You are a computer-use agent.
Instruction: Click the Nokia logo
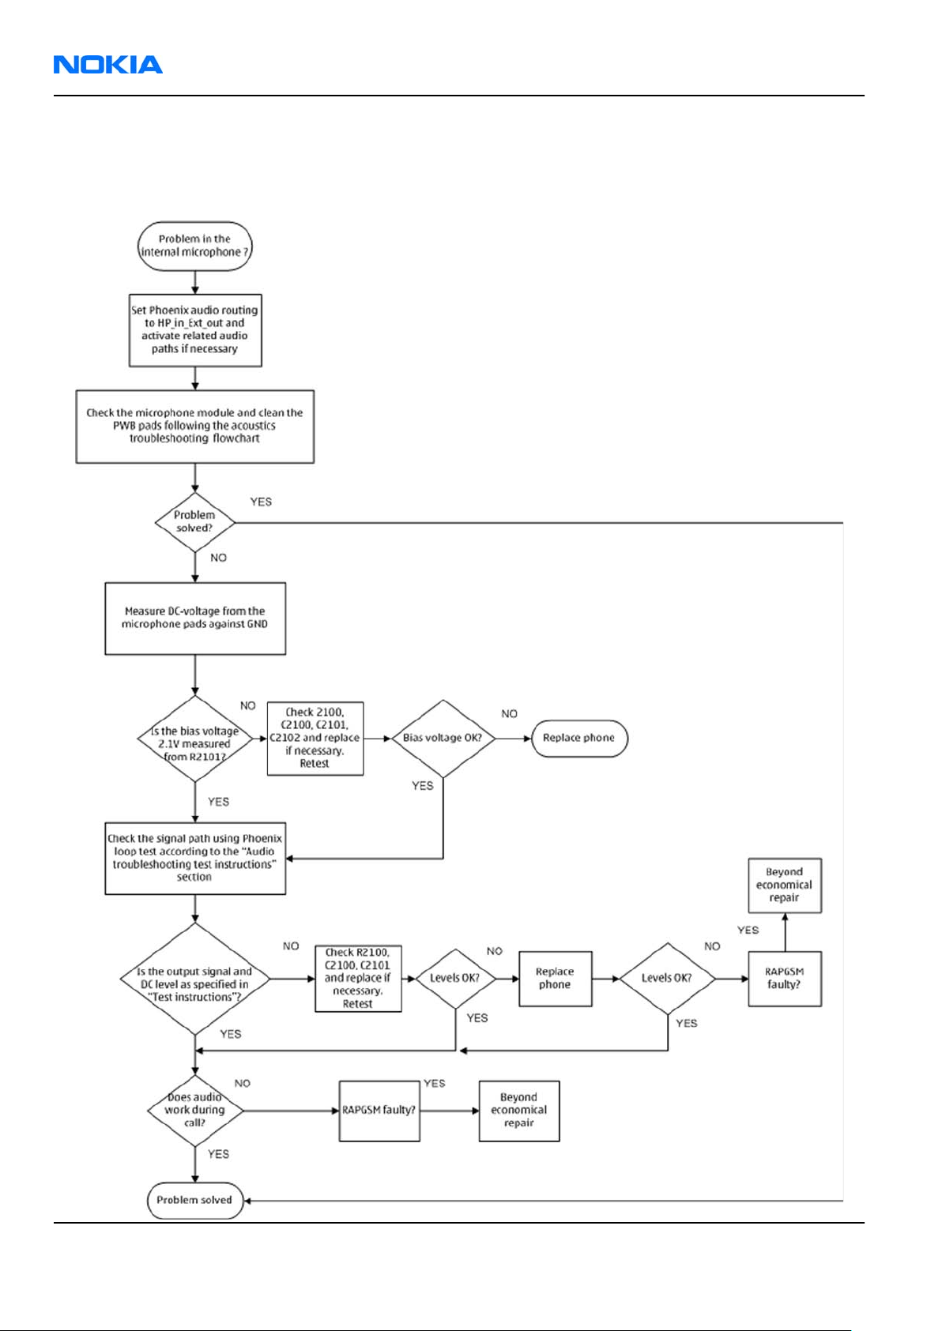(108, 65)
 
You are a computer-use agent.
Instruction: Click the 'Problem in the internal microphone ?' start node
(195, 246)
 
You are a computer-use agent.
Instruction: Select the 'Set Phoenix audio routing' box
(195, 330)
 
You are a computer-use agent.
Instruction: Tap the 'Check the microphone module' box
(195, 427)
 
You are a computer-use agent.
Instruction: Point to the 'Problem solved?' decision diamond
(195, 522)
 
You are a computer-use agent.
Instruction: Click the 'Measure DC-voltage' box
(195, 619)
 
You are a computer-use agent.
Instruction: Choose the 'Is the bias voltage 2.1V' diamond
(195, 739)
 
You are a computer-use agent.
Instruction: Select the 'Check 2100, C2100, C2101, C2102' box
(315, 739)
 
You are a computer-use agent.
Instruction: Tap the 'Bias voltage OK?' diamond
(443, 739)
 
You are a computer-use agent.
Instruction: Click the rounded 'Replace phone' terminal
(579, 739)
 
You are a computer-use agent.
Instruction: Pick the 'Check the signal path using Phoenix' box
(195, 858)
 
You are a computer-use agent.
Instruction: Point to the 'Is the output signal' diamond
(195, 979)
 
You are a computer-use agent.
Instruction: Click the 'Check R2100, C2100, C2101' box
(358, 979)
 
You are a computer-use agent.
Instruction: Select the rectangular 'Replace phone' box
(555, 979)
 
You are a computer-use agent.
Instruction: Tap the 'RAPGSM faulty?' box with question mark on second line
(785, 979)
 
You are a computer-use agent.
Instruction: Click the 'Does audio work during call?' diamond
(195, 1111)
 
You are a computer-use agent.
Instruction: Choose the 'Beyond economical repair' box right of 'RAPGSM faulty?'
(519, 1111)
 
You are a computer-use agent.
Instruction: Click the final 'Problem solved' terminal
(195, 1201)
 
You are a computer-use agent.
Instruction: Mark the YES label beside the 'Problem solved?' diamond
(261, 502)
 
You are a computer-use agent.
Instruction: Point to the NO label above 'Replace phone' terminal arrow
(510, 713)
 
